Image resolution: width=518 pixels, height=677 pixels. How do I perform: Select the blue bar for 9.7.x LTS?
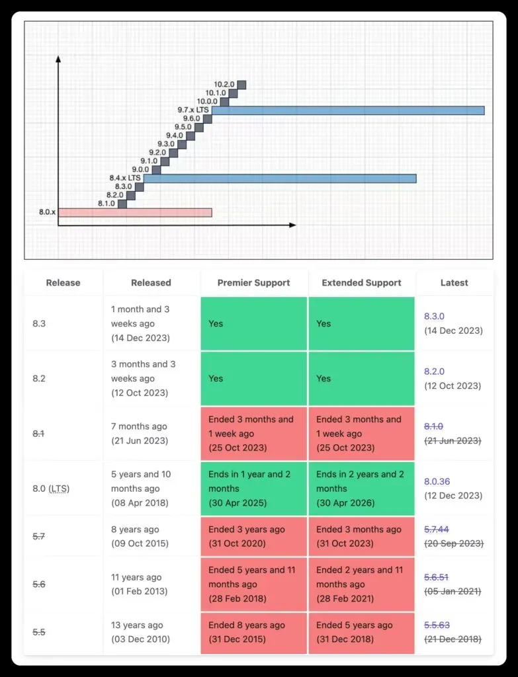point(348,110)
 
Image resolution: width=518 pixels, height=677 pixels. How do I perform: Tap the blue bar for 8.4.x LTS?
point(280,179)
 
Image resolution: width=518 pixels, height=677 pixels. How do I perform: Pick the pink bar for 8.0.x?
point(135,212)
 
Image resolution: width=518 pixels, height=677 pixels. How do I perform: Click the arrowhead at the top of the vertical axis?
point(59,60)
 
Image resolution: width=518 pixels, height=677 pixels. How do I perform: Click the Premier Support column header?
point(253,283)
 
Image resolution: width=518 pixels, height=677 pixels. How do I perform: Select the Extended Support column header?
point(361,283)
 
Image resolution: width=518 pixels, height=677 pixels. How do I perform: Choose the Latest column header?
point(454,283)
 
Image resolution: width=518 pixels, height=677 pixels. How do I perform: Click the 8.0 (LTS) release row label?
point(51,489)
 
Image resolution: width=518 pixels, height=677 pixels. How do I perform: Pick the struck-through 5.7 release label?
point(39,536)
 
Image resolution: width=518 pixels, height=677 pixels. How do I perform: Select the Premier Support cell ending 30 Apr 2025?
point(253,489)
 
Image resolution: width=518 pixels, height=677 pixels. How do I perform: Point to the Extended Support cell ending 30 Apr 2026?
point(361,489)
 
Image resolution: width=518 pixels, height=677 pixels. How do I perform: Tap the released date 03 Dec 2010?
point(140,639)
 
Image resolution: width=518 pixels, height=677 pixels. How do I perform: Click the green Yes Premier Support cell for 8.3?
point(253,323)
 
